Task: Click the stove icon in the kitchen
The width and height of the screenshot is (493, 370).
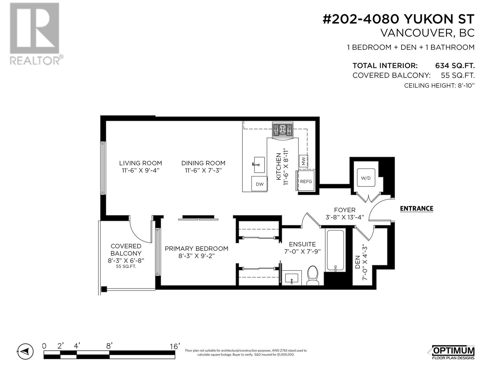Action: click(x=282, y=129)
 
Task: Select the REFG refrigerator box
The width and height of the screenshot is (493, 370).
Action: click(x=306, y=181)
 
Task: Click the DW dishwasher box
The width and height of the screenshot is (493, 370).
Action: click(x=259, y=184)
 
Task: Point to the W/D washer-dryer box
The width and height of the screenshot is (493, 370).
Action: click(x=366, y=178)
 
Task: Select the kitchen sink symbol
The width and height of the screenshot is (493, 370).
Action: click(x=259, y=165)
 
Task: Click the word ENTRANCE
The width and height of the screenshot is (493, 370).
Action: click(x=416, y=209)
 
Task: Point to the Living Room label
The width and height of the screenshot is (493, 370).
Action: click(x=141, y=163)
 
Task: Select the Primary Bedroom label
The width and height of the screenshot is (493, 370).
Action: click(x=196, y=249)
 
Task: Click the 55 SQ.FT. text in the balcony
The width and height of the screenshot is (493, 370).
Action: click(x=126, y=267)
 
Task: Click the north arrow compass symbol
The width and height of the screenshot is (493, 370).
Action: click(x=25, y=351)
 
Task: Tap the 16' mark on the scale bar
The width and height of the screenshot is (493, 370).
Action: click(x=174, y=347)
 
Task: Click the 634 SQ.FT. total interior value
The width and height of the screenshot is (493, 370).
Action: click(x=454, y=66)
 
